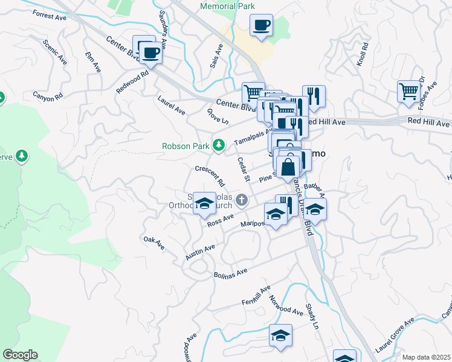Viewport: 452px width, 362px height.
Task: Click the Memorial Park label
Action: click(x=227, y=7)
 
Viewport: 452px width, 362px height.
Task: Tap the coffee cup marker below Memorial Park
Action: click(x=261, y=26)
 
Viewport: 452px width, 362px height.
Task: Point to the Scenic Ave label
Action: click(x=54, y=52)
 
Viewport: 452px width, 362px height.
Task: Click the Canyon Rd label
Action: click(x=48, y=96)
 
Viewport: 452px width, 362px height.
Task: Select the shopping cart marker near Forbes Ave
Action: click(x=409, y=91)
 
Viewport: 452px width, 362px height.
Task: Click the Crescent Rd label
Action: click(x=210, y=175)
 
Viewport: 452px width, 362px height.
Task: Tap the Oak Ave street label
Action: click(x=154, y=243)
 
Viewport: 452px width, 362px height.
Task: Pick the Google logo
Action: click(x=20, y=355)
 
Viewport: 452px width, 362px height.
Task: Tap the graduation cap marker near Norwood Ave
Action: click(x=280, y=335)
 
